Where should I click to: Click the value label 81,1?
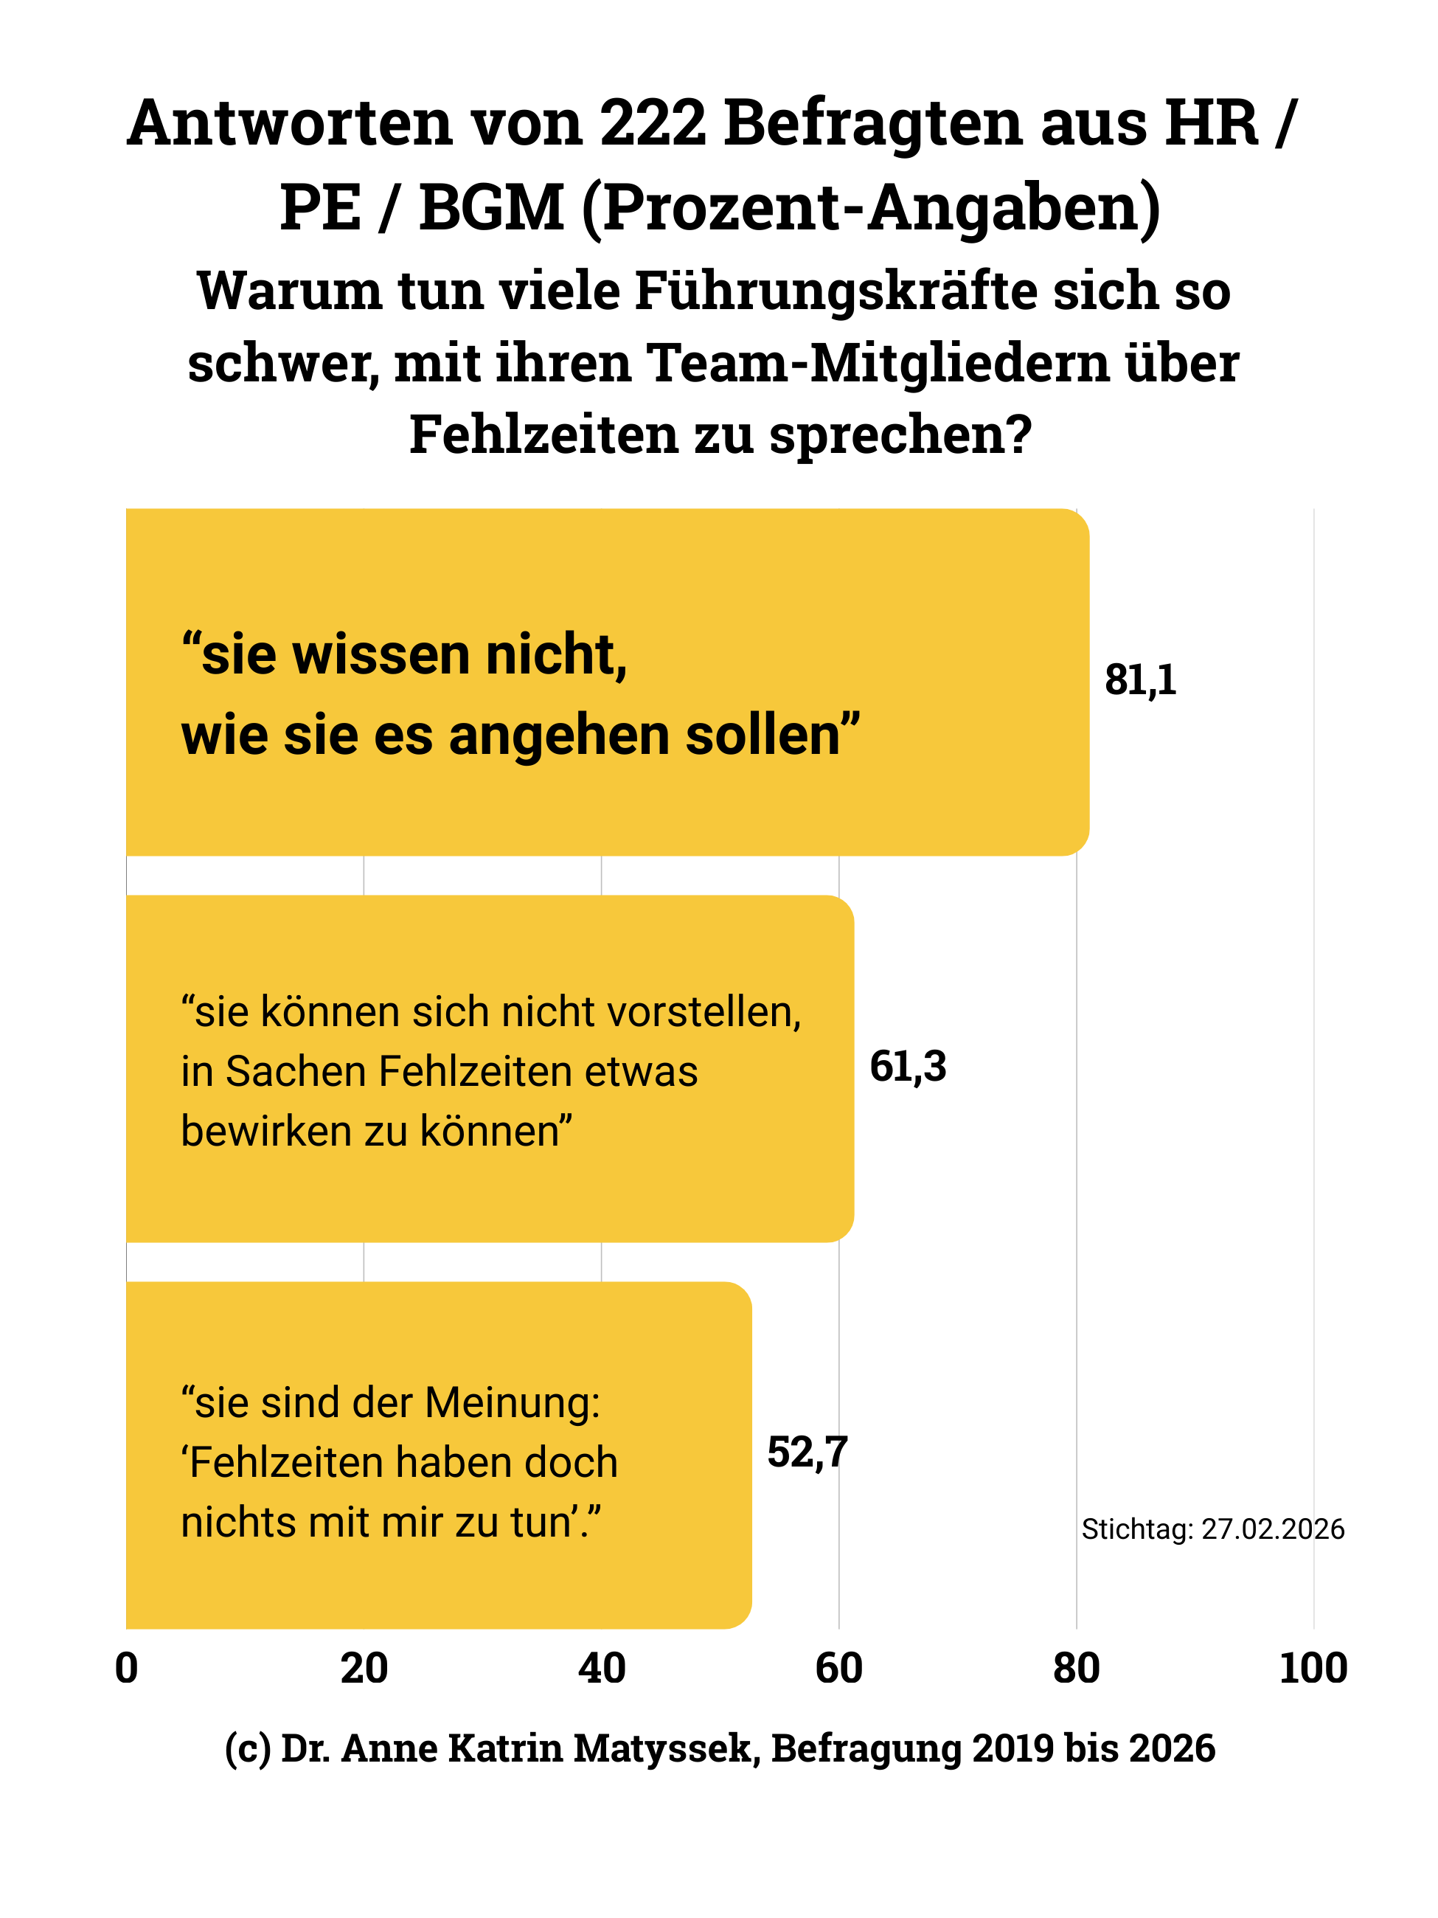(1140, 680)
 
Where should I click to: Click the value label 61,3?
(908, 1067)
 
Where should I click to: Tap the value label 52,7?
(807, 1453)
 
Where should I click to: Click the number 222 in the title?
(653, 123)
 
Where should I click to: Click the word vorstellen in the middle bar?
(703, 1013)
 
